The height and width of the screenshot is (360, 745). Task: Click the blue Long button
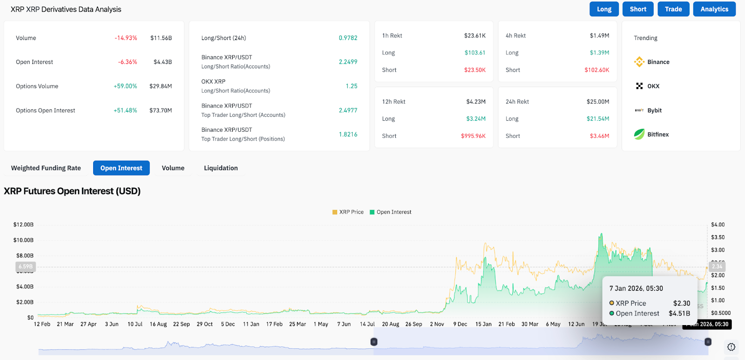coord(604,9)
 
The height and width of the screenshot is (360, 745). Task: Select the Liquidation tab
coord(221,168)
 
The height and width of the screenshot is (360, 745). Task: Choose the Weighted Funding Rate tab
coord(46,168)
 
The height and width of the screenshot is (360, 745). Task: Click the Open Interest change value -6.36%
coord(127,62)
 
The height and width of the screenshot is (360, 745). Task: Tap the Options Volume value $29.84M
coord(160,86)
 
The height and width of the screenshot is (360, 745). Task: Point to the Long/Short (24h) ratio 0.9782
coord(348,38)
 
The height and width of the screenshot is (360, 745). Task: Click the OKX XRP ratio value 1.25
coord(352,86)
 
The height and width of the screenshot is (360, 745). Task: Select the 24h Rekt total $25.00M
coord(597,102)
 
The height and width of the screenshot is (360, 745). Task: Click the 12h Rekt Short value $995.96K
coord(473,136)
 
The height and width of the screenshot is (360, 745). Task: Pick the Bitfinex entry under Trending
coord(657,135)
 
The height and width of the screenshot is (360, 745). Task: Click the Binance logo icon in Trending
coord(639,62)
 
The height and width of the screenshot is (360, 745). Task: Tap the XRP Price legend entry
coord(348,212)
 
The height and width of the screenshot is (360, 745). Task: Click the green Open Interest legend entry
coord(391,212)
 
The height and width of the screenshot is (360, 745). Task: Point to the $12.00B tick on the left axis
coord(23,224)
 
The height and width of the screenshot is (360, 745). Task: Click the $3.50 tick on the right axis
coord(718,237)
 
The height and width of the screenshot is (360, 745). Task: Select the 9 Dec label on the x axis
coord(460,324)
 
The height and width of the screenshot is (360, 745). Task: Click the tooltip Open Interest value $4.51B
coord(679,313)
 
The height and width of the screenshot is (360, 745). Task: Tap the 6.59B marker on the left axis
coord(26,267)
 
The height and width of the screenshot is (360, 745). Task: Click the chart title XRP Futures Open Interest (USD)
coord(72,191)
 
